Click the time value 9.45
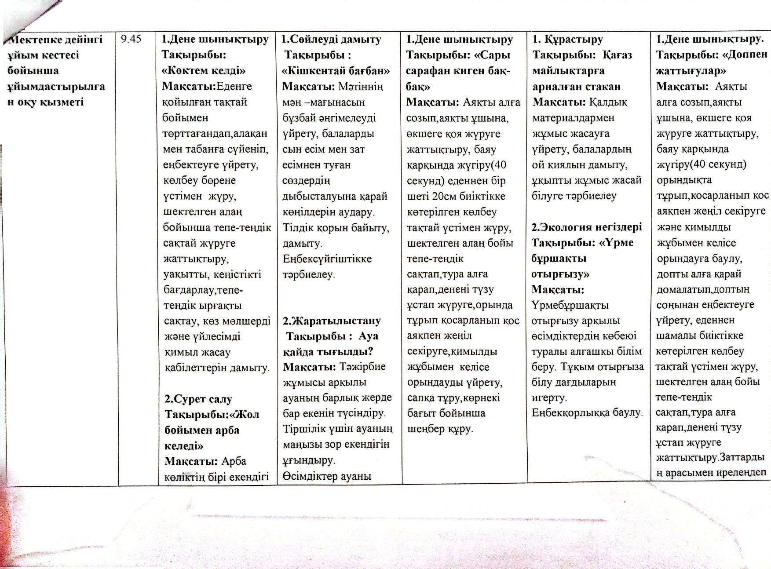pyautogui.click(x=131, y=39)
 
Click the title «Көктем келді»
pyautogui.click(x=204, y=71)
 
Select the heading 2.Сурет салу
pyautogui.click(x=198, y=399)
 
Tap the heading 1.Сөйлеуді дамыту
pyautogui.click(x=331, y=40)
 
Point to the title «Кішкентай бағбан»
pyautogui.click(x=336, y=71)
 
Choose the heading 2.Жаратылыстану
pyautogui.click(x=332, y=321)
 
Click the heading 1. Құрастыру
pyautogui.click(x=567, y=40)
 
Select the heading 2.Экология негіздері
pyautogui.click(x=586, y=227)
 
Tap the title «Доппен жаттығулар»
pyautogui.click(x=711, y=63)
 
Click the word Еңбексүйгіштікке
pyautogui.click(x=327, y=259)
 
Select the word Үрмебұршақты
pyautogui.click(x=570, y=305)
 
